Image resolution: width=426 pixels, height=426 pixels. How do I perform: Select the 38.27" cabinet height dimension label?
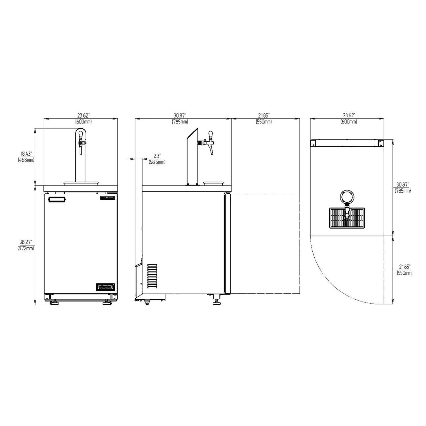[27, 245]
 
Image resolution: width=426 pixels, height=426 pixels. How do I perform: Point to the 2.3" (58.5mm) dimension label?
[157, 159]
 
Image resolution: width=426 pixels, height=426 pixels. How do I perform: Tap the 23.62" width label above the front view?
[83, 118]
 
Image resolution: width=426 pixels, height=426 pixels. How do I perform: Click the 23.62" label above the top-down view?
[349, 118]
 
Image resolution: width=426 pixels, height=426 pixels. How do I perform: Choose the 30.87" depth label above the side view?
[180, 118]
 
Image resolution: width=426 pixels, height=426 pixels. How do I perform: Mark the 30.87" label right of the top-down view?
[403, 188]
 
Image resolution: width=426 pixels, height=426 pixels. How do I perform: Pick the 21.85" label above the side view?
[264, 118]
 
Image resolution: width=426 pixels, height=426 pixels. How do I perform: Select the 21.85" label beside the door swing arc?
[404, 270]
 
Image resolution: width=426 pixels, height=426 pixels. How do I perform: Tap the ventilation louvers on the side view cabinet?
[152, 276]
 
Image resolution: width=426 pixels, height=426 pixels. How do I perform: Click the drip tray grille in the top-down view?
[347, 218]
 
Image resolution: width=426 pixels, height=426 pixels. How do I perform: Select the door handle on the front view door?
[57, 200]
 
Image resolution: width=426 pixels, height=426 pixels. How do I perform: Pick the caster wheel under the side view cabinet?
[147, 303]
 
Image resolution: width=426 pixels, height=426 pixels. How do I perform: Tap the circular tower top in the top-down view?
[347, 196]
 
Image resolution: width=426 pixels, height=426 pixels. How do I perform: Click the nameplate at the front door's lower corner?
[105, 287]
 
